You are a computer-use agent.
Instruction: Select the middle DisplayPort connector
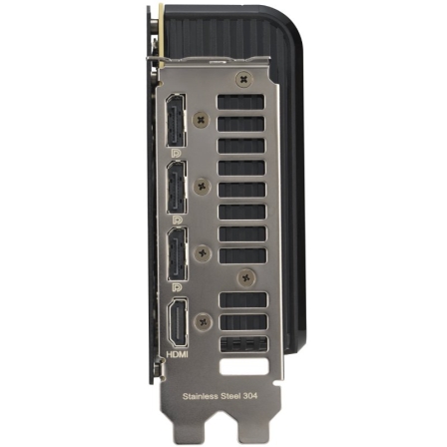(175, 189)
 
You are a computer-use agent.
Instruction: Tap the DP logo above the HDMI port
(175, 285)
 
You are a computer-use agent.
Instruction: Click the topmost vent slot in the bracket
(242, 100)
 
